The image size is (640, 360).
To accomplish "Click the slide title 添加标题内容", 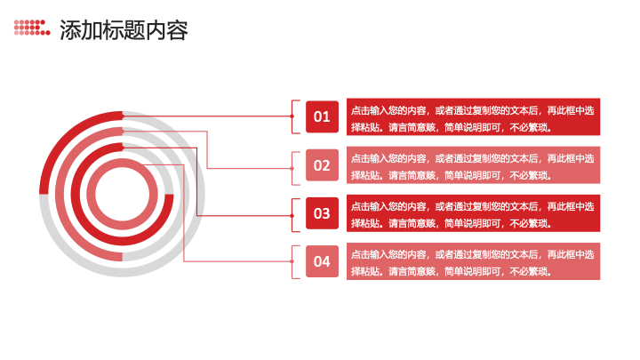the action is [x=124, y=30].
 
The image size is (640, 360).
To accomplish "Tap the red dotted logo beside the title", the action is [x=32, y=28].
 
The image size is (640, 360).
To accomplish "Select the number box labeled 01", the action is [x=322, y=116].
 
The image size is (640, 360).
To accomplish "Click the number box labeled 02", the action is [x=322, y=165].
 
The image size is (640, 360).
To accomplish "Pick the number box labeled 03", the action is [x=322, y=213].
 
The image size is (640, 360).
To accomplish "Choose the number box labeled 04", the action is [x=322, y=261].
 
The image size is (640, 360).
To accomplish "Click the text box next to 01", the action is [x=474, y=116].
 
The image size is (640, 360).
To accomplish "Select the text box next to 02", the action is [x=474, y=165].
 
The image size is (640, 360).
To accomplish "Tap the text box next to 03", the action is [x=474, y=213].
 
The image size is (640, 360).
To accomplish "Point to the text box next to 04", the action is [x=474, y=261].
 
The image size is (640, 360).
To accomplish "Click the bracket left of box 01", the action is [x=292, y=116].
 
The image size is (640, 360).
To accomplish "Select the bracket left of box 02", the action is [x=292, y=168].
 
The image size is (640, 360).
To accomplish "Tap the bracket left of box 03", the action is [x=292, y=215].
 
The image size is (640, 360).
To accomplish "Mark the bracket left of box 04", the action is [x=292, y=261].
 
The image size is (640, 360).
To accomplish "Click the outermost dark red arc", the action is [x=65, y=137].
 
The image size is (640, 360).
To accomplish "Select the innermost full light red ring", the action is [x=123, y=162].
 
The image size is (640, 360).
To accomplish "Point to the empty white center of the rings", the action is [x=123, y=195].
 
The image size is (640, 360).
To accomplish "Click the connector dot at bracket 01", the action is [x=292, y=116].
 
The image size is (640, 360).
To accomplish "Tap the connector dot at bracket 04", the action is [x=292, y=261].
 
